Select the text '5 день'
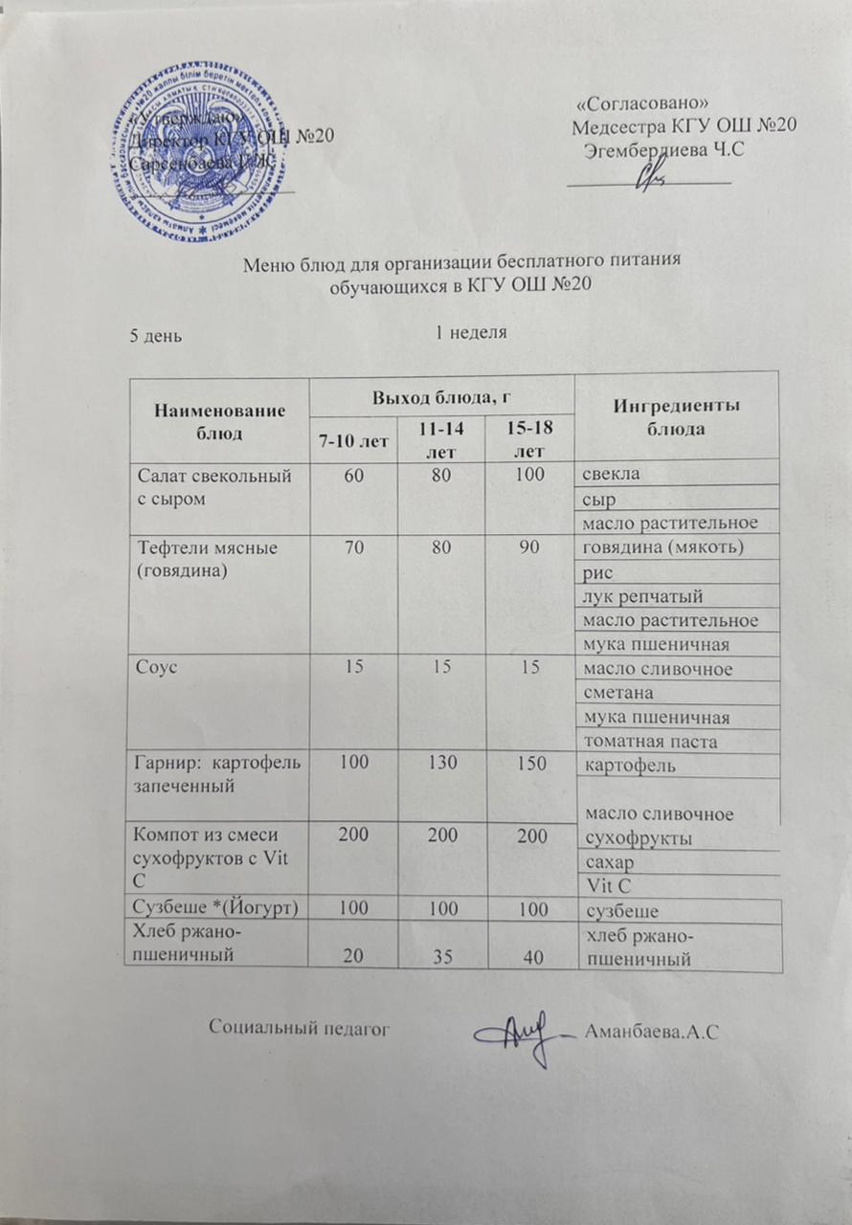[157, 335]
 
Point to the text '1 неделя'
[470, 333]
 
